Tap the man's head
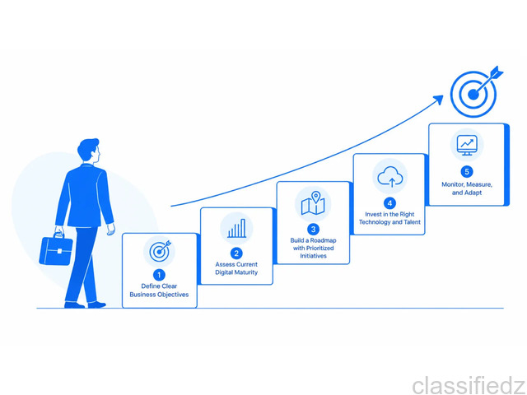[x=89, y=150]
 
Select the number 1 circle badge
[x=159, y=275]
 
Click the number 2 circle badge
[x=236, y=253]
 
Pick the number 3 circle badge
[x=313, y=229]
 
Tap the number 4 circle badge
[x=389, y=203]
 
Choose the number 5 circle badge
[x=467, y=172]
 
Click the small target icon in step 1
[x=159, y=251]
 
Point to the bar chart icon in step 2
[x=236, y=229]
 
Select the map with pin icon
[x=313, y=203]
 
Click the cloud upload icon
[x=389, y=177]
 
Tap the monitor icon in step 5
[x=467, y=146]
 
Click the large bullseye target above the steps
[x=474, y=95]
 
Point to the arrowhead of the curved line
[x=438, y=100]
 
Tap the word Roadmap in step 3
[x=324, y=240]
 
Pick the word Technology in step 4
[x=375, y=222]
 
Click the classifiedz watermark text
[x=469, y=385]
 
